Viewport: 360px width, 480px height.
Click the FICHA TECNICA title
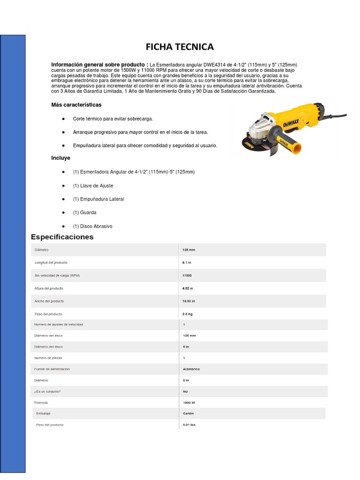pyautogui.click(x=180, y=47)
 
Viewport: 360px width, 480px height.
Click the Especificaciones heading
pyautogui.click(x=62, y=237)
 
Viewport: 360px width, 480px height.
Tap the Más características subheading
pyautogui.click(x=76, y=105)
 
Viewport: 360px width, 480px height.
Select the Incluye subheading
pyautogui.click(x=61, y=158)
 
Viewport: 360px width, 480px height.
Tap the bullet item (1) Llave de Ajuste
pyautogui.click(x=93, y=186)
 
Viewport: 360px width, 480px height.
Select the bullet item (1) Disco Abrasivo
pyautogui.click(x=92, y=226)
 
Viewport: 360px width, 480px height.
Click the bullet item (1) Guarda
pyautogui.click(x=84, y=212)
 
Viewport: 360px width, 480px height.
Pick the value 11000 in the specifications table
pyautogui.click(x=187, y=275)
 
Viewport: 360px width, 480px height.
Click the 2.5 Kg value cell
pyautogui.click(x=188, y=314)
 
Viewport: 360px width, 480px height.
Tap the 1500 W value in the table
pyautogui.click(x=189, y=403)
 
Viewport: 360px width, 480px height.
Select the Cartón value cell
pyautogui.click(x=188, y=413)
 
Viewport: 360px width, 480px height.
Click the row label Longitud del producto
pyautogui.click(x=51, y=262)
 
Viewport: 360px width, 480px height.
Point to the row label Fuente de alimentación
pyautogui.click(x=52, y=369)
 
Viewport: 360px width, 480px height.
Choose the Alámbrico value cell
pyautogui.click(x=191, y=369)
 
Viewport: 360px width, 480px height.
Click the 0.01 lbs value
pyautogui.click(x=189, y=425)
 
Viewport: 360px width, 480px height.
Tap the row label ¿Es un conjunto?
pyautogui.click(x=47, y=391)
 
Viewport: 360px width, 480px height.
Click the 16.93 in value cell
pyautogui.click(x=189, y=301)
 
